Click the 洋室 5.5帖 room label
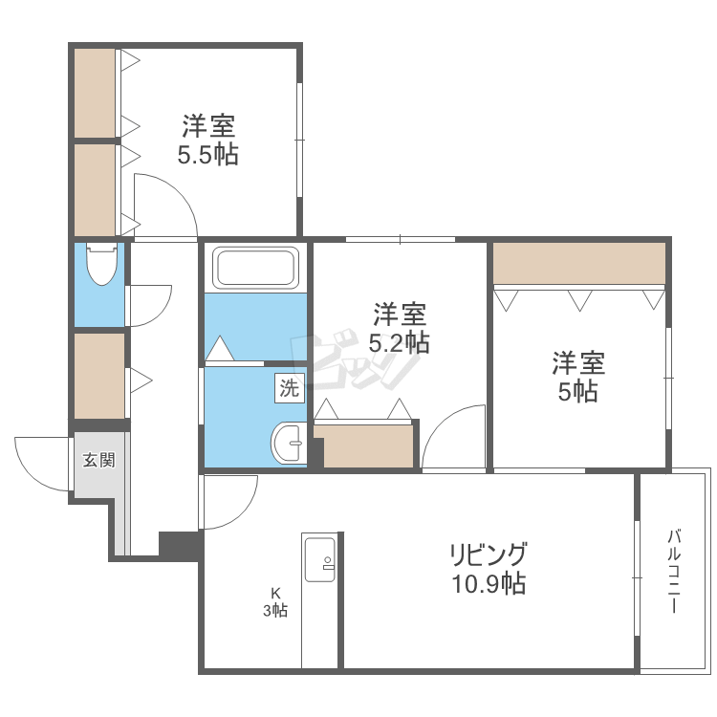tap(208, 140)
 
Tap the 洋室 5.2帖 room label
tap(400, 328)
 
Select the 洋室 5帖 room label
tap(578, 377)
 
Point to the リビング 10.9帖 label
tap(489, 568)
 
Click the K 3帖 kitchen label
tap(275, 601)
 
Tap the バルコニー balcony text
tap(673, 571)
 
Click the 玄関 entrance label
tap(98, 460)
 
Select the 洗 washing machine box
tap(290, 389)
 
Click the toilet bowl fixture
tap(102, 264)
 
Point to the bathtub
tap(256, 268)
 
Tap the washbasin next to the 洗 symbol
tap(289, 443)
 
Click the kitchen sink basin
tap(320, 559)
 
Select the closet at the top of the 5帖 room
tap(579, 264)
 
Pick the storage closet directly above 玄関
tap(99, 376)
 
